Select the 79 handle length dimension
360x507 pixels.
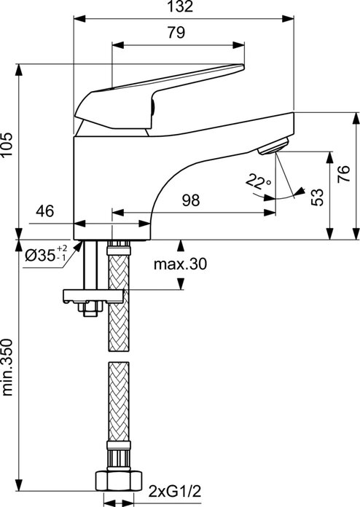coord(176,32)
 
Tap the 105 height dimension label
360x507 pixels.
coord(7,144)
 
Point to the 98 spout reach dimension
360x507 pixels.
coord(191,200)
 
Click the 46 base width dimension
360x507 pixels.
coord(45,211)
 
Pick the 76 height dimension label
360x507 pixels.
coord(343,174)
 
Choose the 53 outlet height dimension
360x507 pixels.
coord(317,197)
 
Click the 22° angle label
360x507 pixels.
coord(258,181)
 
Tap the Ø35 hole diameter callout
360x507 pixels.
coord(47,255)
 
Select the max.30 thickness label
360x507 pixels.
coord(180,264)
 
